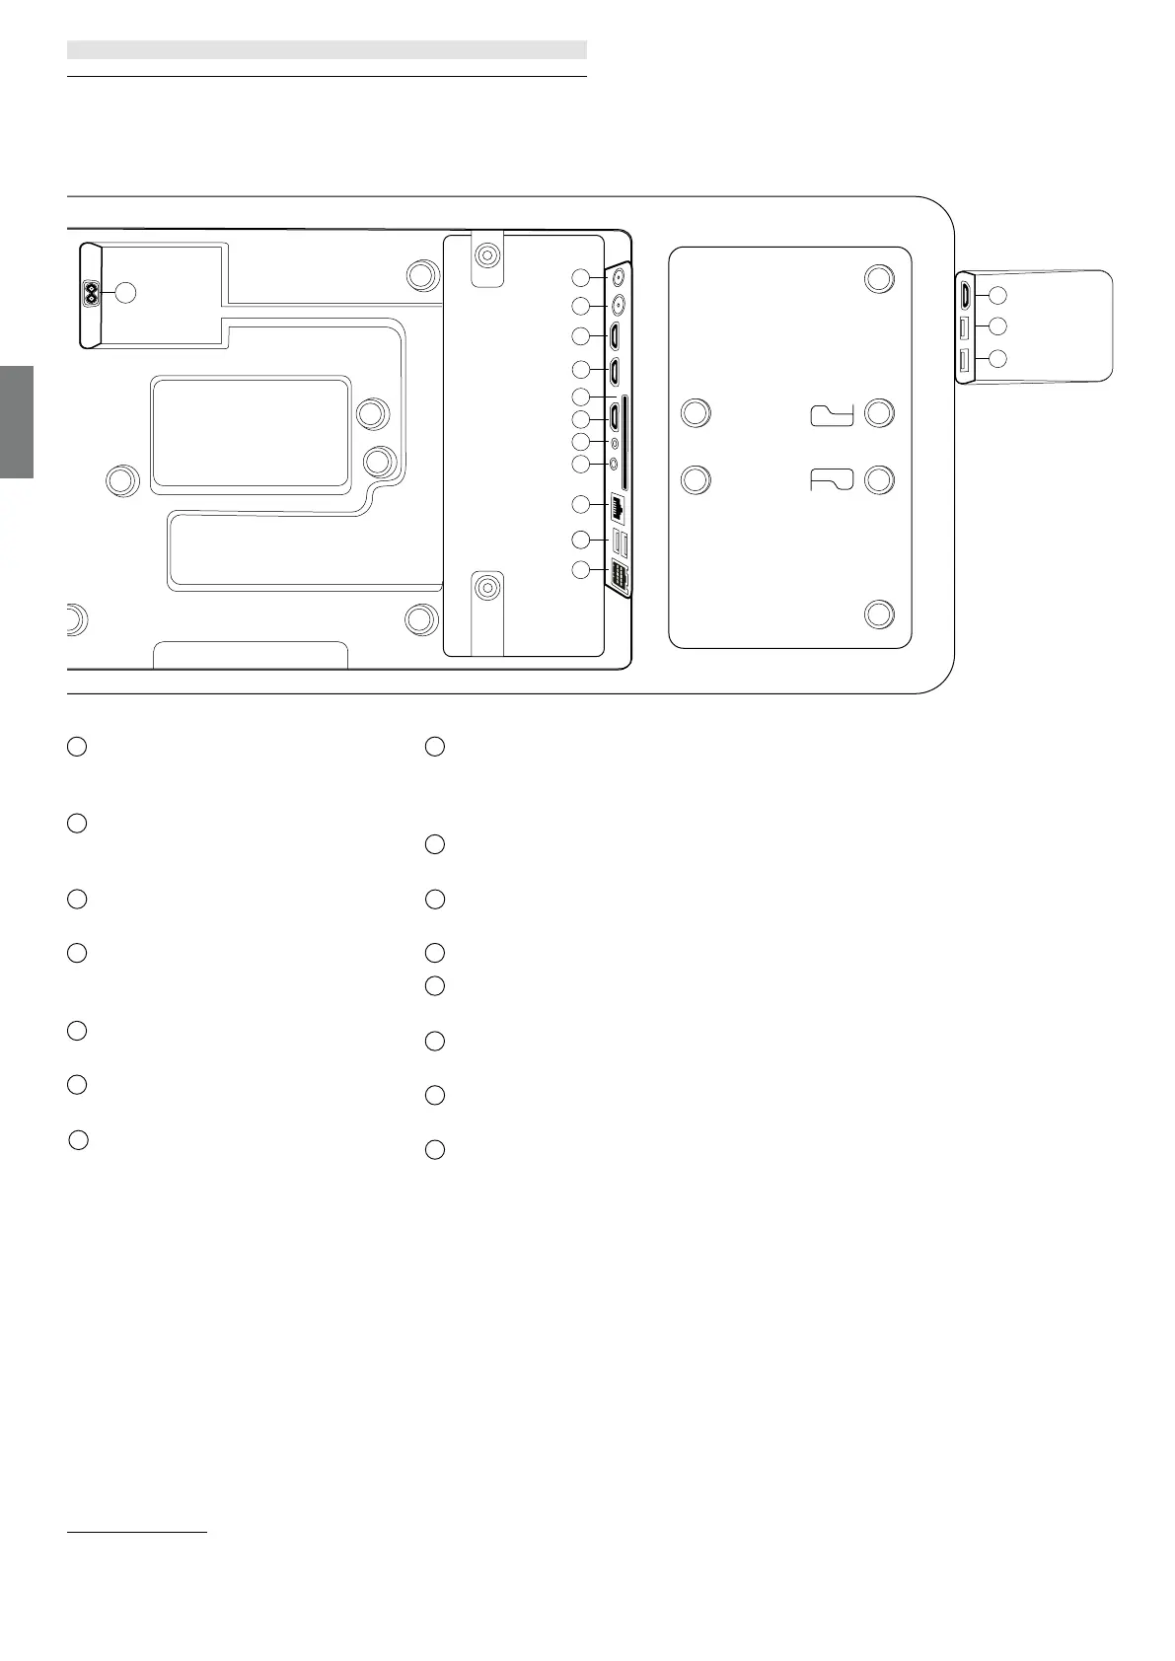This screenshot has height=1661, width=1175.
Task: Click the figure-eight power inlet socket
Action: [x=93, y=293]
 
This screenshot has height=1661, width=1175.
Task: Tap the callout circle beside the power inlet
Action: [x=125, y=292]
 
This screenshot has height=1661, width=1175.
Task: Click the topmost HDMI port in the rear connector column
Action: [x=615, y=337]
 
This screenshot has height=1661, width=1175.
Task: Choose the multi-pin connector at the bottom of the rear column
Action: [x=621, y=576]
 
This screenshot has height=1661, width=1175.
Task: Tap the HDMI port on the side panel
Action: [x=965, y=293]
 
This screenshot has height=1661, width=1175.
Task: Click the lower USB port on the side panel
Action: [x=965, y=361]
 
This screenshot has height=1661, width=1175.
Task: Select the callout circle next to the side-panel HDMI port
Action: [x=997, y=294]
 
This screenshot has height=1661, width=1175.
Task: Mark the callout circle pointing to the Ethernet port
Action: [x=582, y=505]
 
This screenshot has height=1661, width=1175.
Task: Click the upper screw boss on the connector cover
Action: [x=485, y=256]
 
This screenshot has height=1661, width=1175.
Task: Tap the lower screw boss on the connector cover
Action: [x=485, y=589]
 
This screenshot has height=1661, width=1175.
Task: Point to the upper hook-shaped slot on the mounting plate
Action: [x=832, y=415]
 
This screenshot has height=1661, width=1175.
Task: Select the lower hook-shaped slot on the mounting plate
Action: [x=832, y=480]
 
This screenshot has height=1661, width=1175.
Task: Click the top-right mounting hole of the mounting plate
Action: [x=879, y=278]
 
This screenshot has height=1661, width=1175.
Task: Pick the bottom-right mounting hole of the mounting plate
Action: [x=879, y=614]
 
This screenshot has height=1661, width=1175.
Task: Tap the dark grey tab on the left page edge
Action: [x=17, y=422]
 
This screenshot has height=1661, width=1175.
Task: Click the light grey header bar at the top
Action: [x=327, y=49]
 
